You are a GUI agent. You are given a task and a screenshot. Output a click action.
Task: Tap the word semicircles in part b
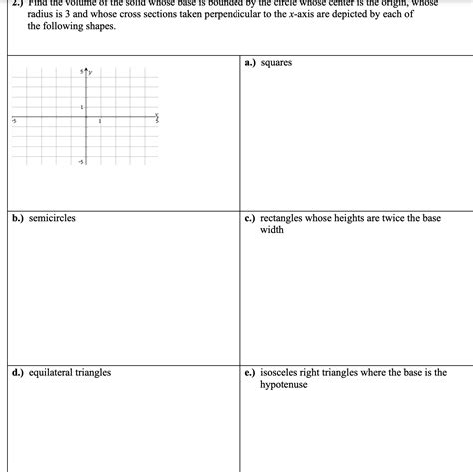(x=52, y=217)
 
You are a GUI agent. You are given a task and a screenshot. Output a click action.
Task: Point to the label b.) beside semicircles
(x=18, y=217)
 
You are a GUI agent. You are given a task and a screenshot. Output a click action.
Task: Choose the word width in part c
(x=272, y=229)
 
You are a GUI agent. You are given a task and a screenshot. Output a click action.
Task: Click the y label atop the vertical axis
(x=91, y=72)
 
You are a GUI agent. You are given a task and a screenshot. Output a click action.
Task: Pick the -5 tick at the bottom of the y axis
(x=81, y=161)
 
